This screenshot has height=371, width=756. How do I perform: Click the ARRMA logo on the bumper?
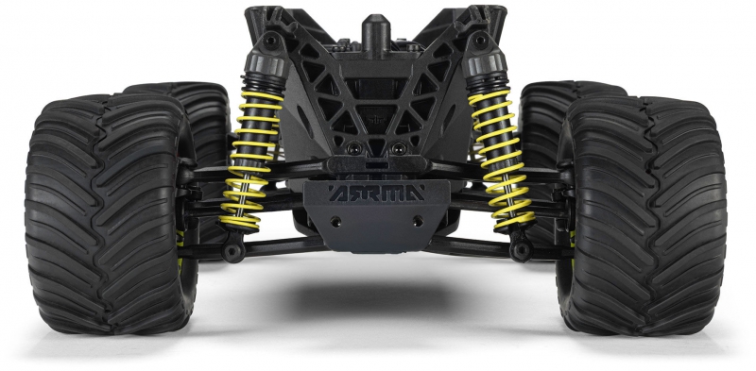[x=376, y=193]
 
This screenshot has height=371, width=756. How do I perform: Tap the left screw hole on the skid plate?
[x=335, y=222]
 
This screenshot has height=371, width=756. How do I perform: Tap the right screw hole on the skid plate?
[x=418, y=221]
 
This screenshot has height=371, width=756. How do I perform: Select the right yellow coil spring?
[x=503, y=157]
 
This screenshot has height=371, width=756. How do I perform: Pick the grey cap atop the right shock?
[x=485, y=64]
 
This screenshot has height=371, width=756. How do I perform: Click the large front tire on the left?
[x=111, y=213]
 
